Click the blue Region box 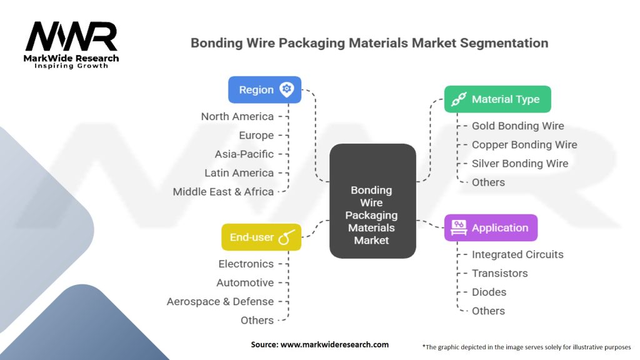pos(264,90)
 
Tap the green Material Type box pos(497,99)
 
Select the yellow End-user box pos(261,237)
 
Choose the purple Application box pos(491,227)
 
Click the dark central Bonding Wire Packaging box pos(372,201)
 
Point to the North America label pos(237,117)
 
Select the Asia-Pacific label pos(244,154)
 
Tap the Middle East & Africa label pos(223,192)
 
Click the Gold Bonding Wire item pos(518,126)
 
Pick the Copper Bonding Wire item pos(524,145)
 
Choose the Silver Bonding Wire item pos(520,164)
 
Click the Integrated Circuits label pos(517,255)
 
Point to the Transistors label pos(499,274)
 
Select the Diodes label pos(489,292)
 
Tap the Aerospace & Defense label pos(220,302)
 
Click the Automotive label pos(245,283)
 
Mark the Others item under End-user pos(257,321)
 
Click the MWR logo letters pos(71,36)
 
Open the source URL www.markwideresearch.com pos(335,344)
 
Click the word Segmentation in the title pos(504,43)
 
